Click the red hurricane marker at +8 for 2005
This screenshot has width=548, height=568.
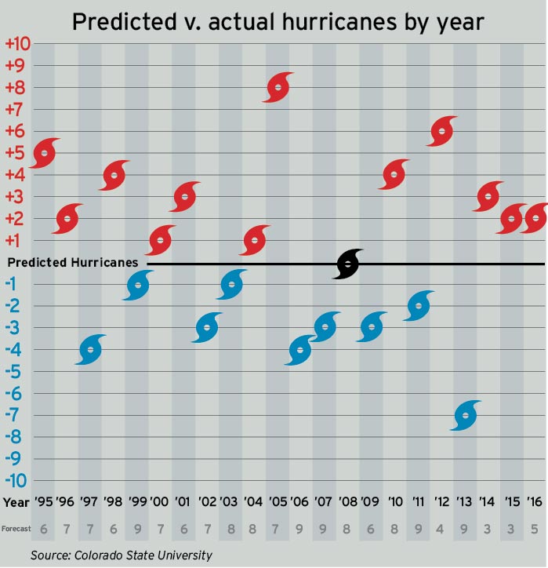coord(278,87)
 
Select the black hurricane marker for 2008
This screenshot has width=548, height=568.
coord(349,264)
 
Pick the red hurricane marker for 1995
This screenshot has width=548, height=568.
coord(44,152)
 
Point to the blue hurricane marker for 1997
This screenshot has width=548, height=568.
coord(91,350)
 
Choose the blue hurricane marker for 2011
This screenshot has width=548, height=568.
coord(419,306)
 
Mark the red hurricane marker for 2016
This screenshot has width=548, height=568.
coord(535,218)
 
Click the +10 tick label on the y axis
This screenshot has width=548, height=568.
coord(16,43)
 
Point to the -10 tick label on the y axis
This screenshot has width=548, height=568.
coord(16,480)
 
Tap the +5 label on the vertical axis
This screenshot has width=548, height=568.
coord(16,152)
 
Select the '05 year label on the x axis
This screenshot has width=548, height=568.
coord(278,501)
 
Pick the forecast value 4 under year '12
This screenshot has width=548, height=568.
coord(443,529)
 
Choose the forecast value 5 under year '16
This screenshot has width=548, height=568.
coord(534,529)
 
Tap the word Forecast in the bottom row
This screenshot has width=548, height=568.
coord(16,529)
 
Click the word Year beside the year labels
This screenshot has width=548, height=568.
coord(16,501)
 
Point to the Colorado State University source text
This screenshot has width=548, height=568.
coord(122,555)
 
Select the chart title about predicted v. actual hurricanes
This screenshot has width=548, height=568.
coord(278,22)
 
